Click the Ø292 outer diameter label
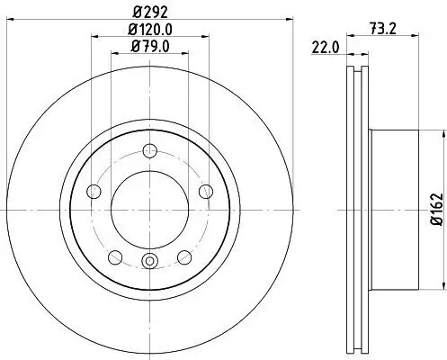pyautogui.click(x=148, y=13)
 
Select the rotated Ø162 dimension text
pyautogui.click(x=435, y=209)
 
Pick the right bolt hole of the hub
pyautogui.click(x=205, y=191)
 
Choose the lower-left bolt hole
pyautogui.click(x=114, y=258)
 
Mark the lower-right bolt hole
pyautogui.click(x=184, y=258)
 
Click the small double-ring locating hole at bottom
pyautogui.click(x=149, y=263)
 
